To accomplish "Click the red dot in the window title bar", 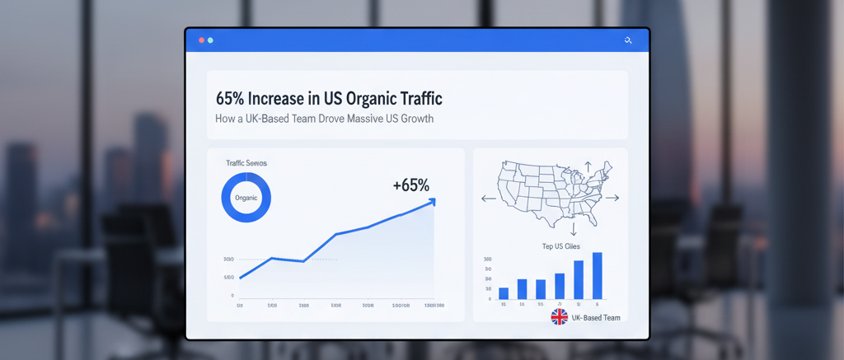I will point(201,40).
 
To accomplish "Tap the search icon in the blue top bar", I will point(628,40).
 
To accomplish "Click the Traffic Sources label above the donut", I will point(246,163).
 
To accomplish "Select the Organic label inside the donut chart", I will point(246,199).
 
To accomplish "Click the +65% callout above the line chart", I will point(410,185).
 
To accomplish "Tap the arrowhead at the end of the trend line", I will point(431,201).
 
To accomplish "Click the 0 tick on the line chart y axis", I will point(232,295).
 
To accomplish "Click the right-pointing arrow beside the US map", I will point(612,198).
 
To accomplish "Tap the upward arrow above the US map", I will point(588,167).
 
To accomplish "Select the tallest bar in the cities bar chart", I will point(597,275).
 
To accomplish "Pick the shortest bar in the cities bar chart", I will point(504,292).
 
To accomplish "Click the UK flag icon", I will point(560,317).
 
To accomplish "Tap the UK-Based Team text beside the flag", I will point(596,318).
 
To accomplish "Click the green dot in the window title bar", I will point(210,40).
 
